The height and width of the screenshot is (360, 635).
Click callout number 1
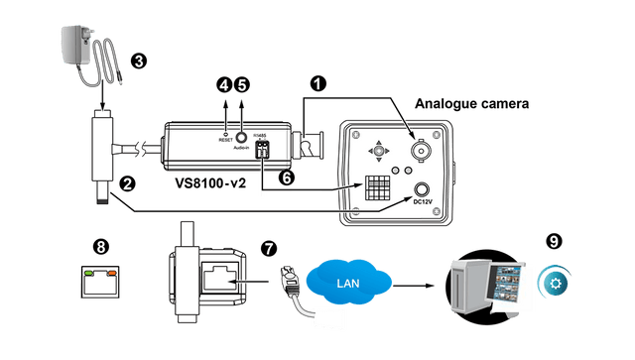pyautogui.click(x=315, y=85)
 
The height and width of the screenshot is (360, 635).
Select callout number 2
pyautogui.click(x=127, y=183)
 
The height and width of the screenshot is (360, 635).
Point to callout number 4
pyautogui.click(x=224, y=84)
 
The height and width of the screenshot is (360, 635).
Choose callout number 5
pyautogui.click(x=244, y=84)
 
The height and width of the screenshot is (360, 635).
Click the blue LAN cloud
pyautogui.click(x=348, y=282)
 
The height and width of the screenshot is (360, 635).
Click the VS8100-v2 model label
pyautogui.click(x=212, y=182)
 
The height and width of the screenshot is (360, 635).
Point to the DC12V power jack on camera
pyautogui.click(x=425, y=190)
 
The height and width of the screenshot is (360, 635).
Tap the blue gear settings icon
pyautogui.click(x=554, y=282)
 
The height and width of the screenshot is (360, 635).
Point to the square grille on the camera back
pyautogui.click(x=375, y=188)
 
